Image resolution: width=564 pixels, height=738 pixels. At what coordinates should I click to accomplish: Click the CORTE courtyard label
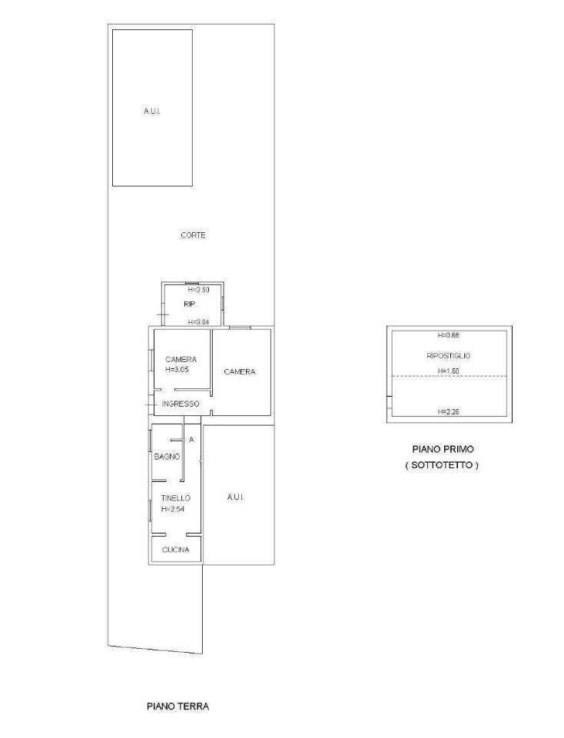[193, 235]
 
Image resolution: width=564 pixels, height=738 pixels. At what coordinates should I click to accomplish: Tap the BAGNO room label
[167, 457]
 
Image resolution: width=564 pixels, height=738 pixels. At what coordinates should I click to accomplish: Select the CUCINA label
[175, 550]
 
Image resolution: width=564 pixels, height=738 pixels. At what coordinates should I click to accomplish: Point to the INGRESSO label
[180, 404]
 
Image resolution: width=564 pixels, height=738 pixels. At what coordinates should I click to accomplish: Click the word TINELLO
[175, 498]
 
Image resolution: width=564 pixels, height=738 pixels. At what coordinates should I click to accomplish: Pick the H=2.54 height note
[173, 509]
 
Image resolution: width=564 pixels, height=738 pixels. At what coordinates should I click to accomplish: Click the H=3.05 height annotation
[177, 370]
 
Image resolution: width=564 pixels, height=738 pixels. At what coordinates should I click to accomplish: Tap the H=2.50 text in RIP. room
[198, 290]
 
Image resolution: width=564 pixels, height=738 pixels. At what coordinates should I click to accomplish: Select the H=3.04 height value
[198, 322]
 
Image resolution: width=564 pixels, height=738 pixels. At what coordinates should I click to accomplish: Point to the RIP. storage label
[190, 304]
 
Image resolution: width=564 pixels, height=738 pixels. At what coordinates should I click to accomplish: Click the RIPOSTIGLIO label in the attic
[448, 356]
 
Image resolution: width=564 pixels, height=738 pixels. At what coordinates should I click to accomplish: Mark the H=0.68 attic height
[448, 336]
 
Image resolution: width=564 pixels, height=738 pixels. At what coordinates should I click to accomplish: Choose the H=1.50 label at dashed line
[448, 371]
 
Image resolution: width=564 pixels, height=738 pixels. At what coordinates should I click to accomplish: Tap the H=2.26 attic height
[448, 412]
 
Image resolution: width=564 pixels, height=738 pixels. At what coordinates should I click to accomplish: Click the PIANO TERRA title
[177, 706]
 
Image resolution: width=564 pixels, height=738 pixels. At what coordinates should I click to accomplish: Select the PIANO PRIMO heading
[443, 449]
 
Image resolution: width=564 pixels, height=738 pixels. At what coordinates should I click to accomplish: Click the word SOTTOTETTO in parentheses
[442, 465]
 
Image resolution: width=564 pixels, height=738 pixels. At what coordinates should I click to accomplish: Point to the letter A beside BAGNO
[191, 440]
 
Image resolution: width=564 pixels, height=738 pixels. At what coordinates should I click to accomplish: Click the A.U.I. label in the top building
[152, 111]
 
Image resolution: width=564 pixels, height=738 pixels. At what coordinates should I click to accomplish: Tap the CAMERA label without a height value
[240, 372]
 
